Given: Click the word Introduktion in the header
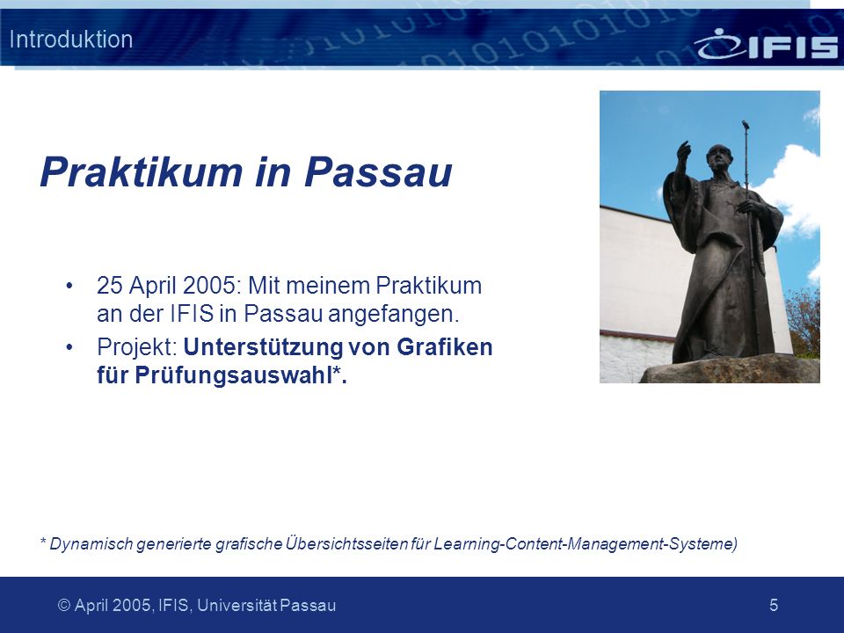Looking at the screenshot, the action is coord(71,40).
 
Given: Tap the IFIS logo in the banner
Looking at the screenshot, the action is coord(766,44).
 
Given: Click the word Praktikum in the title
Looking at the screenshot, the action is coord(142,171).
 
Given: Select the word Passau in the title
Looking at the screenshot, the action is coord(378,171).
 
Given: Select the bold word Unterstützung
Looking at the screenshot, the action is coord(263,347).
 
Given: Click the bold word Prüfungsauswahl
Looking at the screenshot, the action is coord(232,375).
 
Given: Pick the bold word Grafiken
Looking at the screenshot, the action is coord(445,346).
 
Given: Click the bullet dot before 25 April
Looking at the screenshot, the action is coord(69,286).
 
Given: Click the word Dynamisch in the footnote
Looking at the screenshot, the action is coord(91,543).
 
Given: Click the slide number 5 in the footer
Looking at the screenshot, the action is coord(774,605).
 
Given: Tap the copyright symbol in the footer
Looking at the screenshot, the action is coord(64,606).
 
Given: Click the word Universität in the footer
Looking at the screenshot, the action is coord(236,605).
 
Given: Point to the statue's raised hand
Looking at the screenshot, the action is coord(683,150).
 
